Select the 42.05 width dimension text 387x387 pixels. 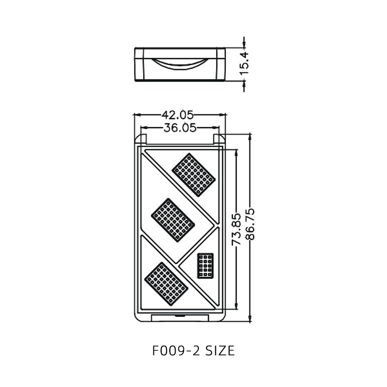click(177, 115)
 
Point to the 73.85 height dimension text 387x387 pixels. click(236, 229)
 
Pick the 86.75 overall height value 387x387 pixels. click(250, 224)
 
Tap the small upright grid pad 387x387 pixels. click(206, 266)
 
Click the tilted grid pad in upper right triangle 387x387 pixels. click(193, 175)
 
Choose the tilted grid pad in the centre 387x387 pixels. click(173, 220)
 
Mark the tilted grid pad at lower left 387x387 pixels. click(166, 283)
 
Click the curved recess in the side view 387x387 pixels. click(179, 63)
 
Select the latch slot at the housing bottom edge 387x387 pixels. click(180, 317)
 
